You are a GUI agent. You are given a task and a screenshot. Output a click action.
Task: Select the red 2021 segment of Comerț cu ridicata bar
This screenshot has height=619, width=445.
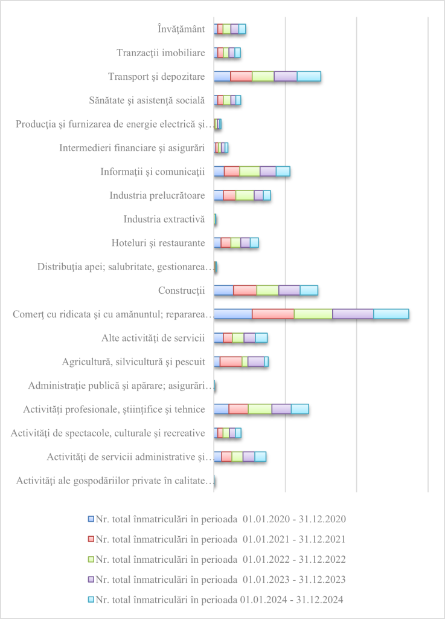pyautogui.click(x=273, y=314)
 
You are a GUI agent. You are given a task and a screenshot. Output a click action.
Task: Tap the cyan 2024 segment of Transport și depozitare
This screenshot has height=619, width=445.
pyautogui.click(x=309, y=76)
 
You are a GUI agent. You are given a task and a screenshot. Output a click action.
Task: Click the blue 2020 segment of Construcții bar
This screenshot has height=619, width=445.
pyautogui.click(x=223, y=290)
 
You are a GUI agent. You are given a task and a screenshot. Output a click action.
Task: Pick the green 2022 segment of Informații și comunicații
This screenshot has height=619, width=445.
pyautogui.click(x=249, y=171)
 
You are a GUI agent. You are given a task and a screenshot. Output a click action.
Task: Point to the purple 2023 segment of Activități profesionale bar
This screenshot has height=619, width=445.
pyautogui.click(x=281, y=409)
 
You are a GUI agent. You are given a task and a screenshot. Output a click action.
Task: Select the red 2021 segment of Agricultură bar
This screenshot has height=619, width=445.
pyautogui.click(x=231, y=361)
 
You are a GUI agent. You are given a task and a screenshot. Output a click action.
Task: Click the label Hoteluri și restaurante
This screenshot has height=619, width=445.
pyautogui.click(x=158, y=243)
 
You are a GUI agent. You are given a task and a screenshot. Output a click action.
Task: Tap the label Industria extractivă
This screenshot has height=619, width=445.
pyautogui.click(x=164, y=219)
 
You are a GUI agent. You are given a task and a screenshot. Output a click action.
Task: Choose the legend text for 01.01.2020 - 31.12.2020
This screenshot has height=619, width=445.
pyautogui.click(x=220, y=519)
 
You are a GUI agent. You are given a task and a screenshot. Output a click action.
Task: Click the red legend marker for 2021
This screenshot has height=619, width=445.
pyautogui.click(x=91, y=539)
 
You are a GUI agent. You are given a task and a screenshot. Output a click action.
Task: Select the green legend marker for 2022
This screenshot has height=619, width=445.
pyautogui.click(x=91, y=559)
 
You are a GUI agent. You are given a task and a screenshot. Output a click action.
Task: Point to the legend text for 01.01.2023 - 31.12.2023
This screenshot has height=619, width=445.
pyautogui.click(x=220, y=579)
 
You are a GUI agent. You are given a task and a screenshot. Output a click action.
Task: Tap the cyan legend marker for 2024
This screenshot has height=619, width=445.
pyautogui.click(x=91, y=600)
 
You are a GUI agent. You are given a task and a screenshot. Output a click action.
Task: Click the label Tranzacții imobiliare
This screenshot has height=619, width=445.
pyautogui.click(x=161, y=53)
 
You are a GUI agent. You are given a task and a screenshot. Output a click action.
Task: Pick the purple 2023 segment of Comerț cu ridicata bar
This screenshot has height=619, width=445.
pyautogui.click(x=353, y=314)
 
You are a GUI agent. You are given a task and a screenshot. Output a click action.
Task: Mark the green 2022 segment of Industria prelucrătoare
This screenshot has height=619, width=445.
pyautogui.click(x=245, y=195)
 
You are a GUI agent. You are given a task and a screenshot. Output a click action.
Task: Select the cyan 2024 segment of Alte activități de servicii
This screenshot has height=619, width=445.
pyautogui.click(x=261, y=338)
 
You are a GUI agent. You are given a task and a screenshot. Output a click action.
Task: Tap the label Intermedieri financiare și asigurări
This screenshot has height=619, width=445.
pyautogui.click(x=133, y=147)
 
